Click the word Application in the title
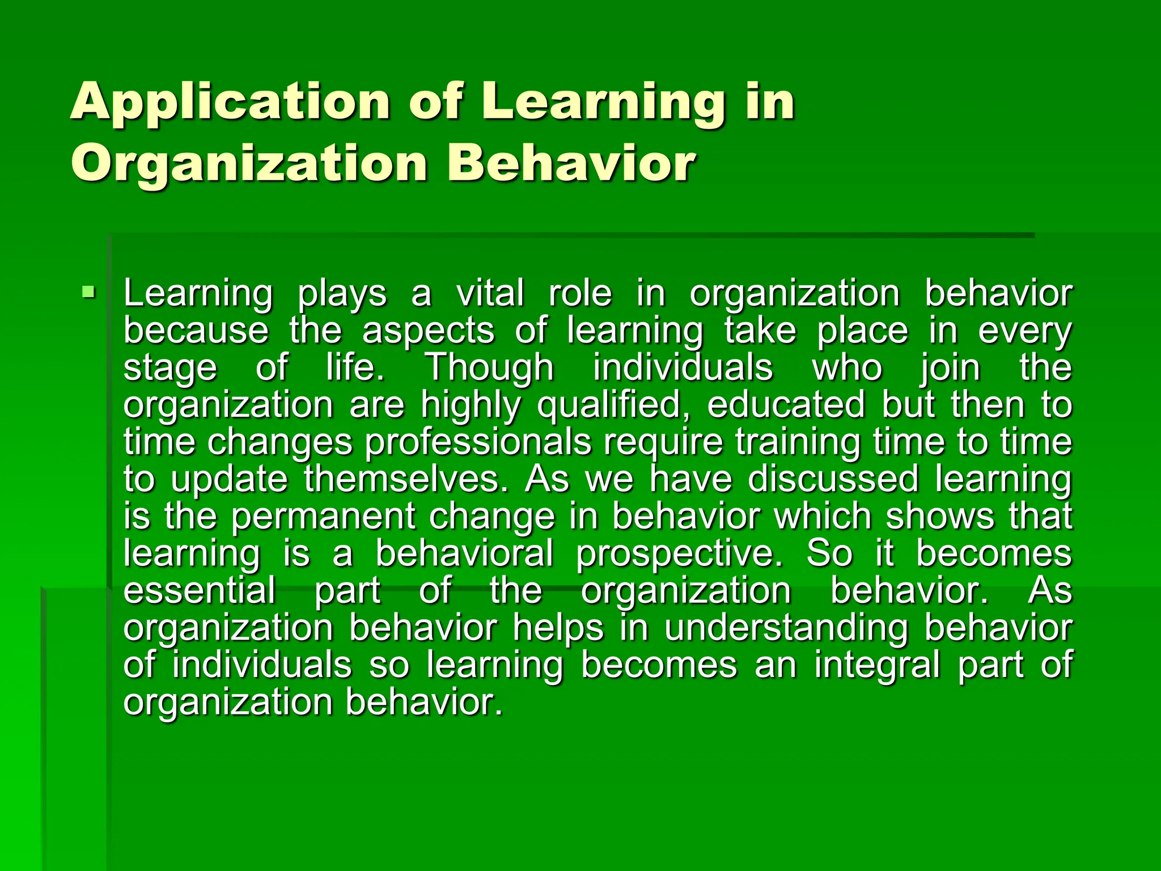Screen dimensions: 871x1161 230,102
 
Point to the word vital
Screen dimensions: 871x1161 490,294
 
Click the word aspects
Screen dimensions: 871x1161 428,331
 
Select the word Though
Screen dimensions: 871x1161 489,368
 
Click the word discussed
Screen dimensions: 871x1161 833,479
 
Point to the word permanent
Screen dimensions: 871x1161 324,517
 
